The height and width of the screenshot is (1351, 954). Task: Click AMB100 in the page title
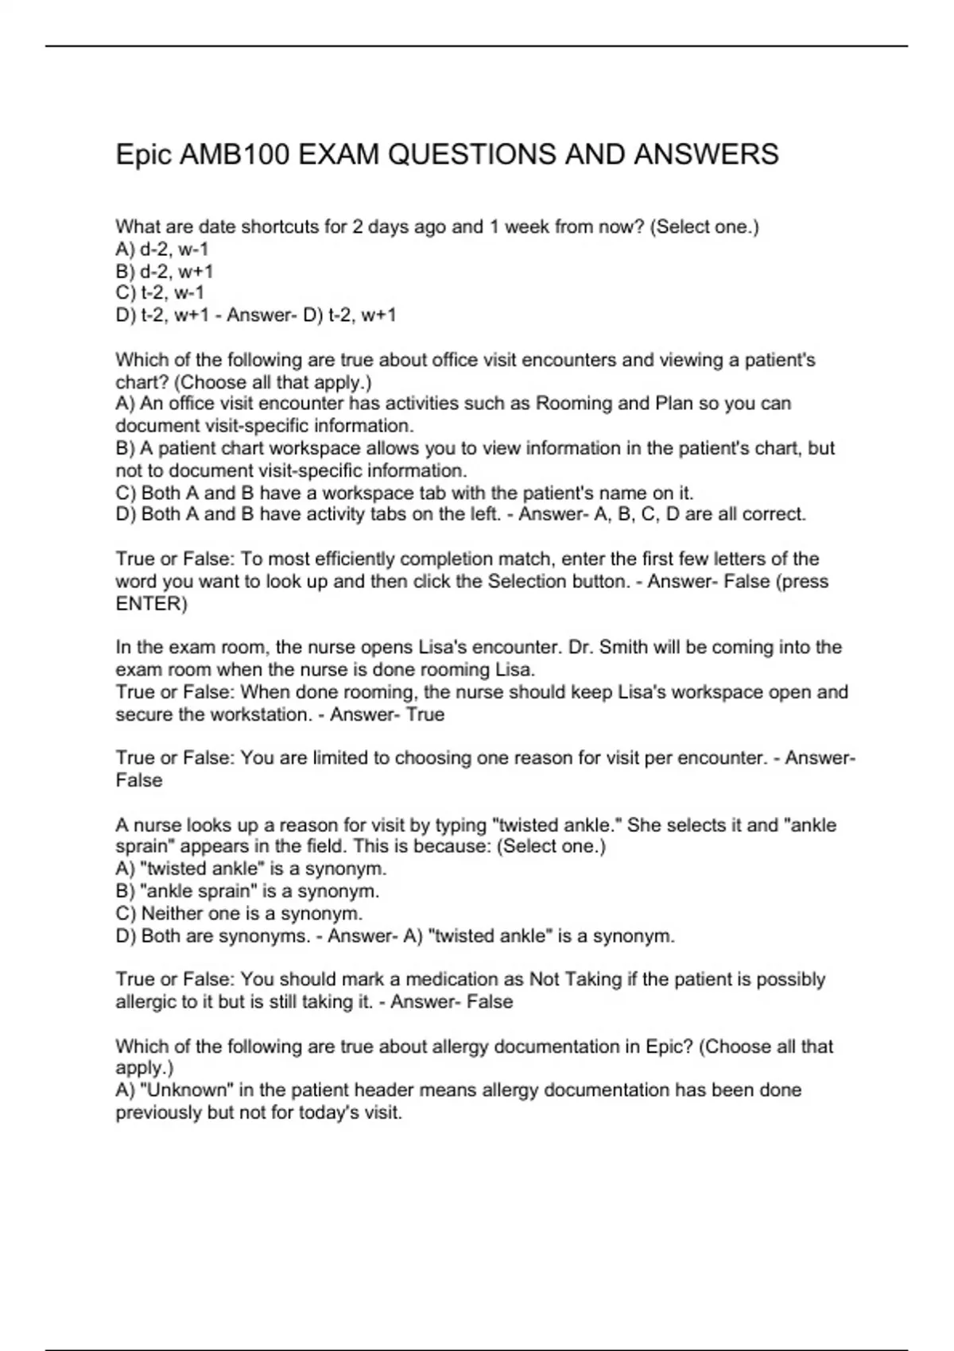point(235,154)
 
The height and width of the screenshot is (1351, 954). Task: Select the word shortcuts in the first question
point(280,227)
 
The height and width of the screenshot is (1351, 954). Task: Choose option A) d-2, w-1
point(162,249)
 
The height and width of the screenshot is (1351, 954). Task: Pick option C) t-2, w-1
point(160,292)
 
